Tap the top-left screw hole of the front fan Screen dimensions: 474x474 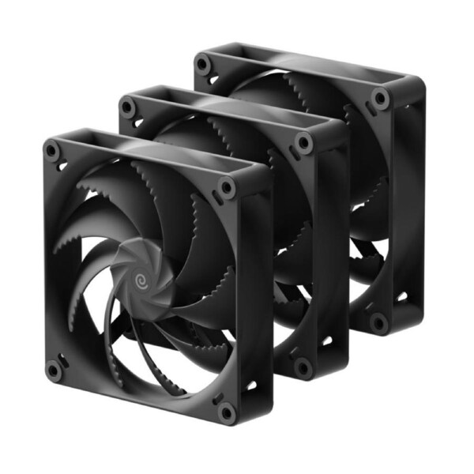point(53,149)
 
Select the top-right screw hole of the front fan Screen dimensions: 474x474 point(227,188)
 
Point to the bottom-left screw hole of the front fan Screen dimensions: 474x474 point(53,368)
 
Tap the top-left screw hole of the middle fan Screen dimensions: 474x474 point(127,106)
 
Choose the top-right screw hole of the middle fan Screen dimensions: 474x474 point(303,143)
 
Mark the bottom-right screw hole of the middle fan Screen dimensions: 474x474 point(303,367)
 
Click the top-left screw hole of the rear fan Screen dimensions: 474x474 point(203,64)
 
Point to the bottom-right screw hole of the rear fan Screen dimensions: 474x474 point(379,322)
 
